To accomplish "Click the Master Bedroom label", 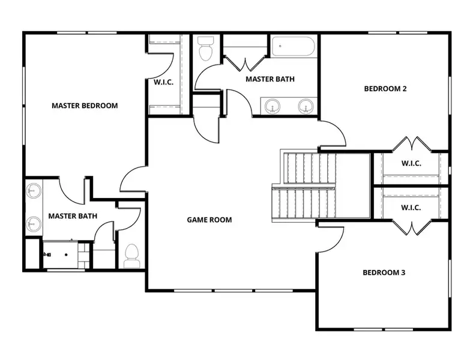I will pos(85,106).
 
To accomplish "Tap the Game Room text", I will pos(209,220).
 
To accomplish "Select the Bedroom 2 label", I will pos(385,89).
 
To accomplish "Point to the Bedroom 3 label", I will pos(384,272).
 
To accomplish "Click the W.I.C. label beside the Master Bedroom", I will pos(163,82).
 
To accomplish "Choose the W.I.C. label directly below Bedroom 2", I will pos(411,163).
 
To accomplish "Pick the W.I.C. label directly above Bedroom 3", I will pos(411,207).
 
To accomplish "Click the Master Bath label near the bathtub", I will pos(270,79).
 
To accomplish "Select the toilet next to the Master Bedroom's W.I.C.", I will pos(206,49).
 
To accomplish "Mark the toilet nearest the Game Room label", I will pos(131,256).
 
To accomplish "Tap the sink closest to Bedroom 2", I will pos(306,107).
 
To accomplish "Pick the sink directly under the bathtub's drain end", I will pos(273,107).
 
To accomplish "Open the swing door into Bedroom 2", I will pos(333,133).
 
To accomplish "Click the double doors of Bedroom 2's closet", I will pos(411,145).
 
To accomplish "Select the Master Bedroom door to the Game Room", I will pos(132,180).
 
